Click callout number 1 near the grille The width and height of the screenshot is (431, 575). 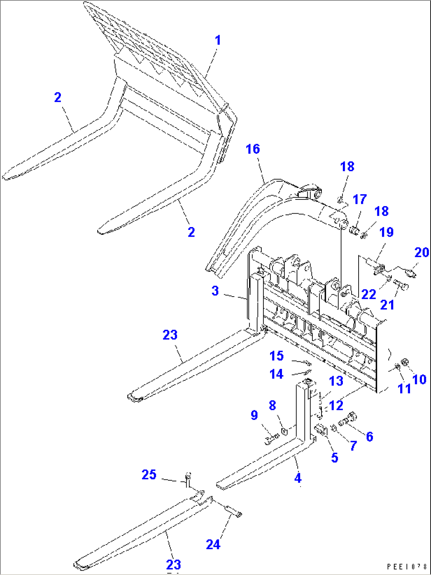click(217, 40)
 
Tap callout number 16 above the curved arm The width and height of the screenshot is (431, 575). click(253, 149)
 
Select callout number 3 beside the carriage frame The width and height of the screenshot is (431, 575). click(215, 291)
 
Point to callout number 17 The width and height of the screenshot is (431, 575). click(360, 199)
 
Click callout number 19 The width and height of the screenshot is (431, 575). click(386, 232)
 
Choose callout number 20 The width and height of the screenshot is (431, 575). click(422, 252)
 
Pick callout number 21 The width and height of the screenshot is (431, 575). click(388, 304)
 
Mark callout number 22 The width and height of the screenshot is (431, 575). click(369, 294)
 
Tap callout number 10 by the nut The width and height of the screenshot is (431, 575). click(419, 380)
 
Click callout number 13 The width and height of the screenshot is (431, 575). click(336, 381)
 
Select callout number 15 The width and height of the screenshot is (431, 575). click(276, 356)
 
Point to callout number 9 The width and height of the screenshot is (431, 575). click(254, 415)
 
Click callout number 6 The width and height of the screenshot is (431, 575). click(369, 436)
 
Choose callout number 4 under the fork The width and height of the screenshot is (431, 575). click(298, 478)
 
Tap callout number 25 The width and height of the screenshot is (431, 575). click(149, 475)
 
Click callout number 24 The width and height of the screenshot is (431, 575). click(213, 545)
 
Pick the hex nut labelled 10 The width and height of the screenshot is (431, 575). click(405, 362)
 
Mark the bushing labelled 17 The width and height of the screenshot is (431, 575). click(355, 229)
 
